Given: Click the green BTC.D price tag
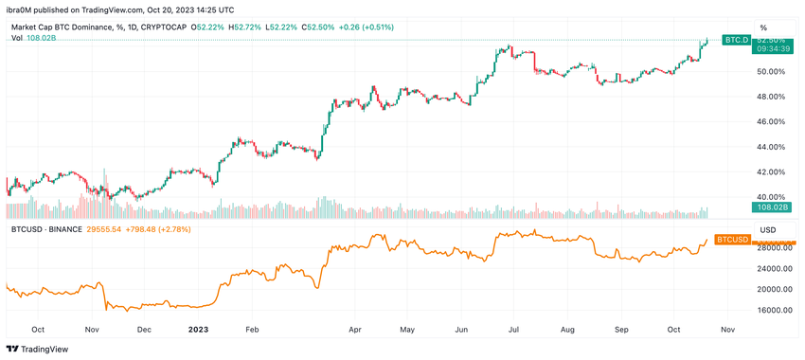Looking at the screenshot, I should pyautogui.click(x=736, y=40).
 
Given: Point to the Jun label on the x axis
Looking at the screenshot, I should pyautogui.click(x=461, y=330).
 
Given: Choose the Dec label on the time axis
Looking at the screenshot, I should pyautogui.click(x=143, y=330).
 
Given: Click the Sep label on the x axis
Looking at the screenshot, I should pyautogui.click(x=621, y=330).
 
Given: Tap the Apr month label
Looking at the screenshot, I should pyautogui.click(x=355, y=330).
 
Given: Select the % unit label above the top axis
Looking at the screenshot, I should pyautogui.click(x=763, y=27).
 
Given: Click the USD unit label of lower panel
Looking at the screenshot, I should pyautogui.click(x=768, y=229).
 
